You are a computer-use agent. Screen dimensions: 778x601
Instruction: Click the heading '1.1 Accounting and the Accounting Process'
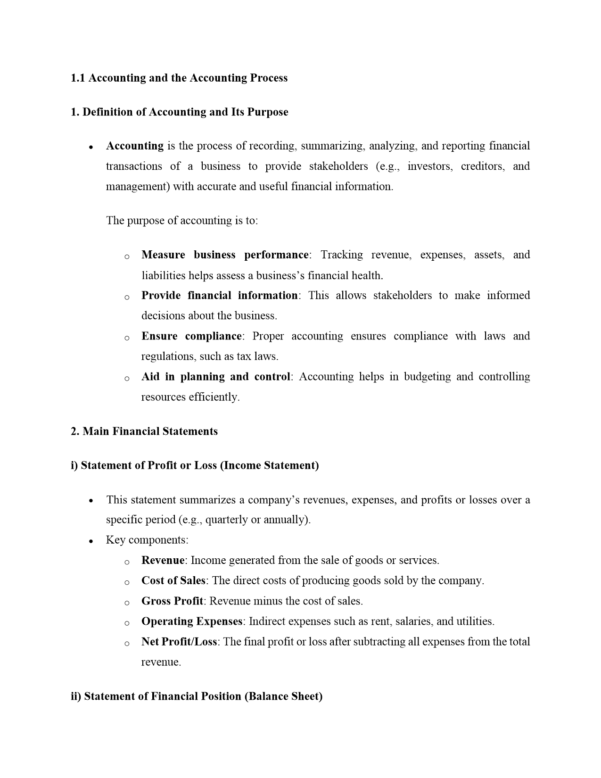[179, 78]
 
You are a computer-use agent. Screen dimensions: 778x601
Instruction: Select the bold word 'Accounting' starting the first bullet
[135, 146]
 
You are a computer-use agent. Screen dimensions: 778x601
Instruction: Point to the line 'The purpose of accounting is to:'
[182, 220]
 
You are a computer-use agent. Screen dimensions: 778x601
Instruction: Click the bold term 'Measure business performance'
[225, 255]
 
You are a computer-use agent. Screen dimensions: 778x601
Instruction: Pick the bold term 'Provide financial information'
[219, 295]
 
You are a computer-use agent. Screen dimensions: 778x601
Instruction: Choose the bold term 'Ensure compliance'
[191, 336]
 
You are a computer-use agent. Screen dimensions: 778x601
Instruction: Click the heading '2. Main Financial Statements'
[144, 431]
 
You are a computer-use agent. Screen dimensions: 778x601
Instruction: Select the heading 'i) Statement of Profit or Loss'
[195, 465]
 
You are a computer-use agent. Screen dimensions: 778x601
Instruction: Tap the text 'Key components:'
[147, 540]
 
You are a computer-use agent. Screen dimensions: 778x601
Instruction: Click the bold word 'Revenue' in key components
[163, 560]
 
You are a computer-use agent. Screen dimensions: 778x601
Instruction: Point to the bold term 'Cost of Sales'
[173, 580]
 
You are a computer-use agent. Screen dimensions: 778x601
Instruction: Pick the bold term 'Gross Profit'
[172, 601]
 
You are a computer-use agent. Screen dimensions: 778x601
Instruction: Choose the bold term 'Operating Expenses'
[192, 621]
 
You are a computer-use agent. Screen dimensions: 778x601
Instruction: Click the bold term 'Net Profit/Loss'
[179, 641]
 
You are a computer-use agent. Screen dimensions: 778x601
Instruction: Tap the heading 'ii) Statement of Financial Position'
[197, 696]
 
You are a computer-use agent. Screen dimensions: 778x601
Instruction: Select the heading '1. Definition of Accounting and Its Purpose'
[179, 112]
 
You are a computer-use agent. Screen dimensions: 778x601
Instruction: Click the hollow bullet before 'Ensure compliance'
[127, 338]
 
